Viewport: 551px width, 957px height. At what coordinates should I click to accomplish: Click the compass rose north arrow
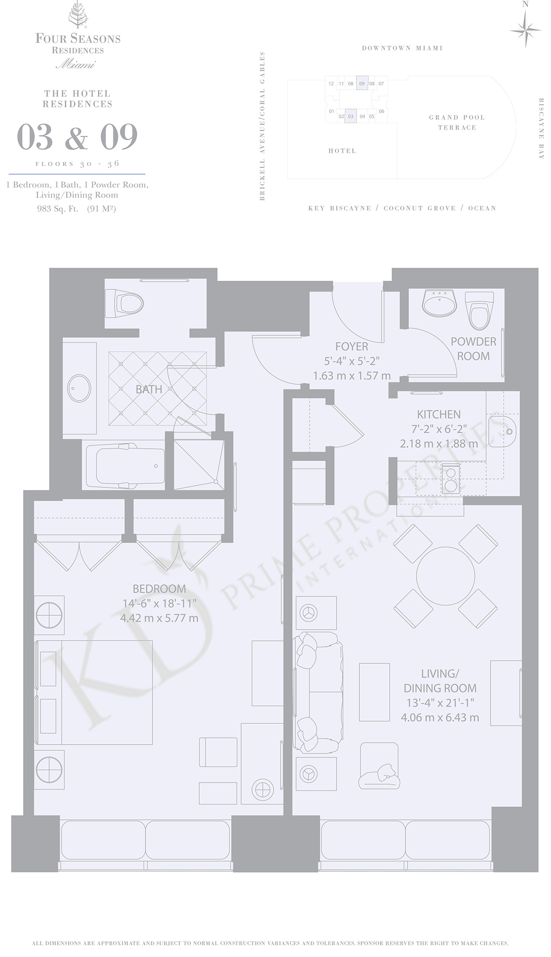pyautogui.click(x=525, y=28)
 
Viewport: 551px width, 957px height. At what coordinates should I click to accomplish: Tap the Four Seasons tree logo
pyautogui.click(x=78, y=16)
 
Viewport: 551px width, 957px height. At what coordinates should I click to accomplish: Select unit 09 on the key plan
pyautogui.click(x=362, y=84)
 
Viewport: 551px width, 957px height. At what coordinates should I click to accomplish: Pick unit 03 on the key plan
pyautogui.click(x=350, y=116)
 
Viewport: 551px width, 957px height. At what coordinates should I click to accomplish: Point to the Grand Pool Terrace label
pyautogui.click(x=457, y=122)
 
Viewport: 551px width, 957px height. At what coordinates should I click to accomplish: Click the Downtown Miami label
pyautogui.click(x=402, y=48)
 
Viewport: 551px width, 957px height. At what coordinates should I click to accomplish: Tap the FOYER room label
pyautogui.click(x=351, y=346)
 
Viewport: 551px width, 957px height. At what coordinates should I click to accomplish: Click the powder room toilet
pyautogui.click(x=479, y=310)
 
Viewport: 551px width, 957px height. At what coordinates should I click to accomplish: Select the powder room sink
pyautogui.click(x=440, y=303)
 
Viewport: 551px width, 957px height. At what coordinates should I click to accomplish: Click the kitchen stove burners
pyautogui.click(x=450, y=478)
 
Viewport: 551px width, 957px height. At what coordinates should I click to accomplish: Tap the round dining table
pyautogui.click(x=445, y=576)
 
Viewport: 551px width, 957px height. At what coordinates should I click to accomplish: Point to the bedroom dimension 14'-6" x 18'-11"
pyautogui.click(x=159, y=604)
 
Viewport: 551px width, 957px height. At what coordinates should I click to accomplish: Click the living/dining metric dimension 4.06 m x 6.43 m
pyautogui.click(x=440, y=718)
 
